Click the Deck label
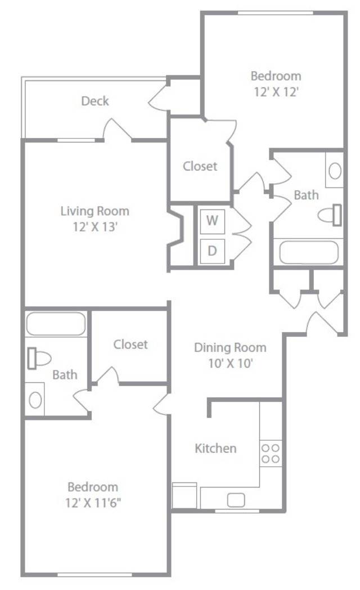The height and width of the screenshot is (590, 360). coord(95,101)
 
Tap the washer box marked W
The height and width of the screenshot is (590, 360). coord(212,221)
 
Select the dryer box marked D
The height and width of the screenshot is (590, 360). coord(212,251)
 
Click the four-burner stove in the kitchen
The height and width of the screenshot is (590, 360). coord(271,453)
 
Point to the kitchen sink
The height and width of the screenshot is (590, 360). coord(236,500)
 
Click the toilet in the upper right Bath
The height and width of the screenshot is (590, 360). coord(330,215)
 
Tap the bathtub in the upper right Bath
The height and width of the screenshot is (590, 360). coord(309,252)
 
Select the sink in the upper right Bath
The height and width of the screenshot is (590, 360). coord(335,171)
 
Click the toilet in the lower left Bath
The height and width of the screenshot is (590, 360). coord(39,359)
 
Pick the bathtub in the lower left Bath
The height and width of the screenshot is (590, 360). coord(56,324)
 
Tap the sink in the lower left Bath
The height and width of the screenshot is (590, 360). coord(35,400)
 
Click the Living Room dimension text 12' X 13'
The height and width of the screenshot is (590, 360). coord(96,227)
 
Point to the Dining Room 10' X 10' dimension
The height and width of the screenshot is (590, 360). coord(231,364)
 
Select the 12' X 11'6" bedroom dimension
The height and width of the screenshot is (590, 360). coord(93,503)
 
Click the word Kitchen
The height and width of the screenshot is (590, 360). coord(215,448)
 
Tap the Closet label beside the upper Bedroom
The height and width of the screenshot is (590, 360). coord(200,166)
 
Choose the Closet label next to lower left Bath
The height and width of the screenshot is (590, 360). coord(130,345)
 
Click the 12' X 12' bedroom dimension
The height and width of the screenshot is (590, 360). coord(276,92)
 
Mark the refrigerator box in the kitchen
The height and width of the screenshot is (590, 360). coord(184,495)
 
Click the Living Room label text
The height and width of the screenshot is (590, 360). coord(95,211)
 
